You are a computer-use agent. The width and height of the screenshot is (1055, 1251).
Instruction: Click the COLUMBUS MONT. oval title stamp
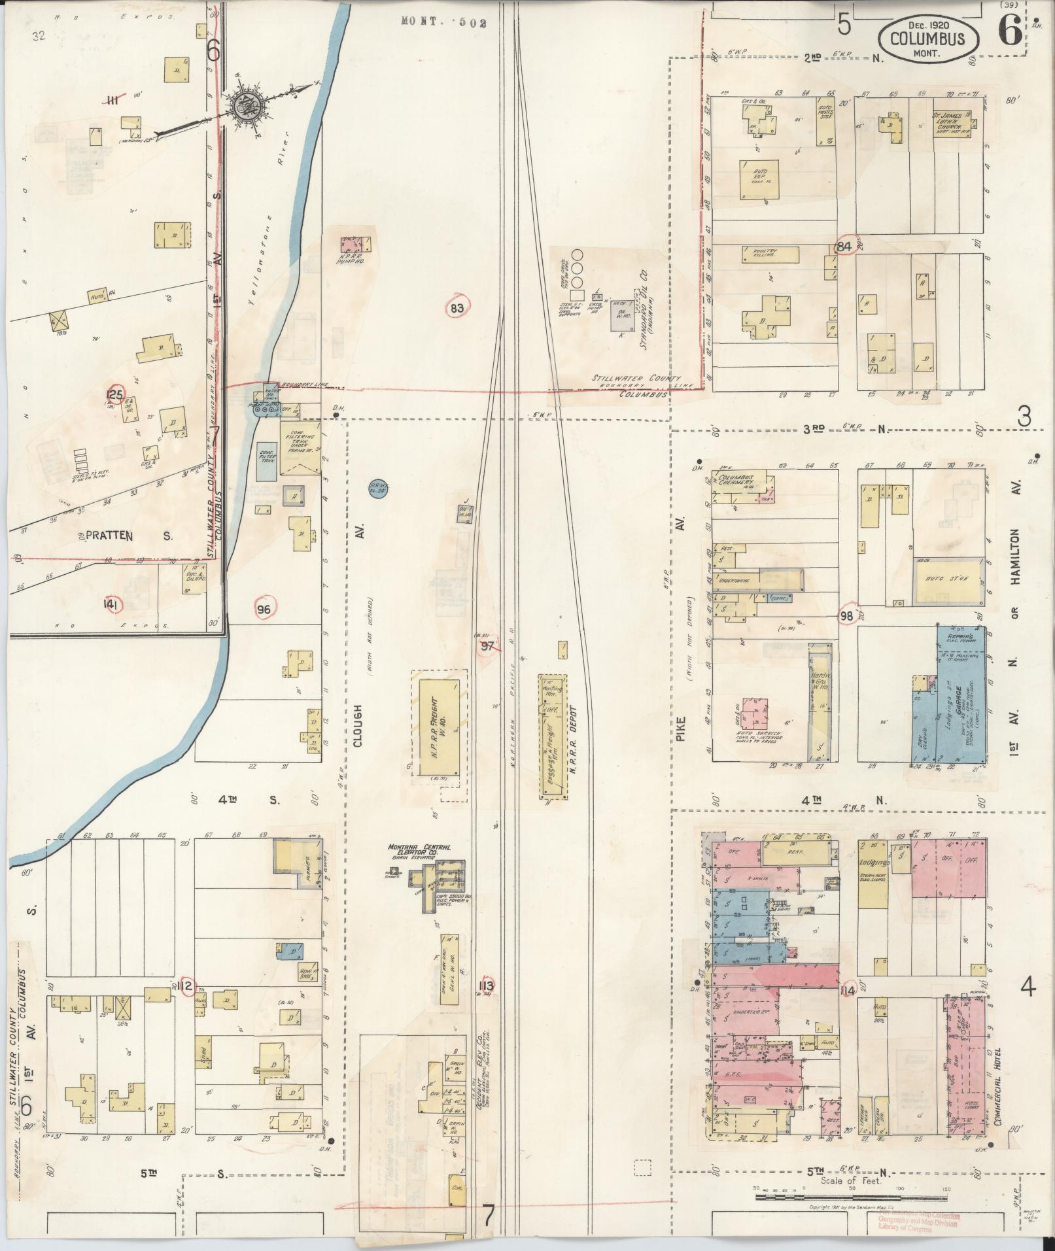[929, 40]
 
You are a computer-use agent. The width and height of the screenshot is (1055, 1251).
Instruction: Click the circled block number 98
[848, 615]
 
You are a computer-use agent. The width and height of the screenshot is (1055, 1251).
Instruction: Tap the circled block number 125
[115, 394]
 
